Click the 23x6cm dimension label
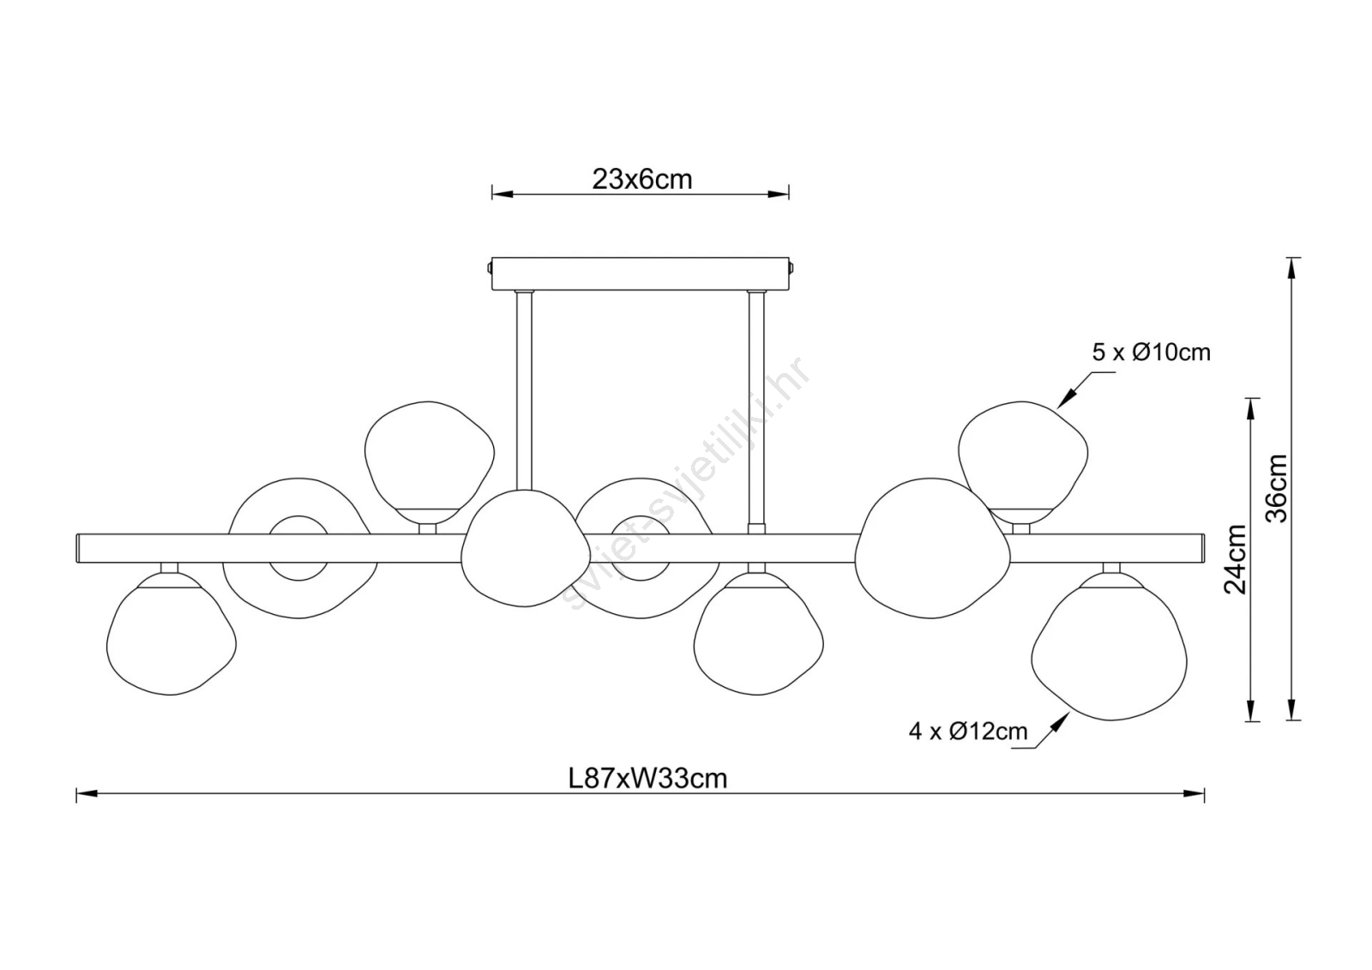coord(642,179)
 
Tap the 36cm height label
coord(1277,488)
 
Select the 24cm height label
coord(1236,559)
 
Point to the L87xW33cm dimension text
coord(648,779)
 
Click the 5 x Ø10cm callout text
coord(1152,352)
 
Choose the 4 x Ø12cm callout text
coord(968,731)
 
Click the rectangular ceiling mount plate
coord(640,274)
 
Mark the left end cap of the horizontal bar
coord(79,548)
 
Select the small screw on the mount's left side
coord(489,268)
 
